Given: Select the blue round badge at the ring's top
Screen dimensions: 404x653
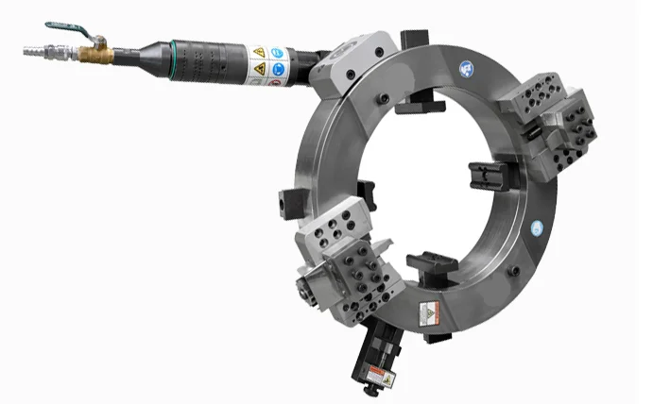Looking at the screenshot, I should (x=465, y=67).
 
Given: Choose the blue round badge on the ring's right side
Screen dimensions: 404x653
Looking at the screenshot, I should (x=537, y=227).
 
